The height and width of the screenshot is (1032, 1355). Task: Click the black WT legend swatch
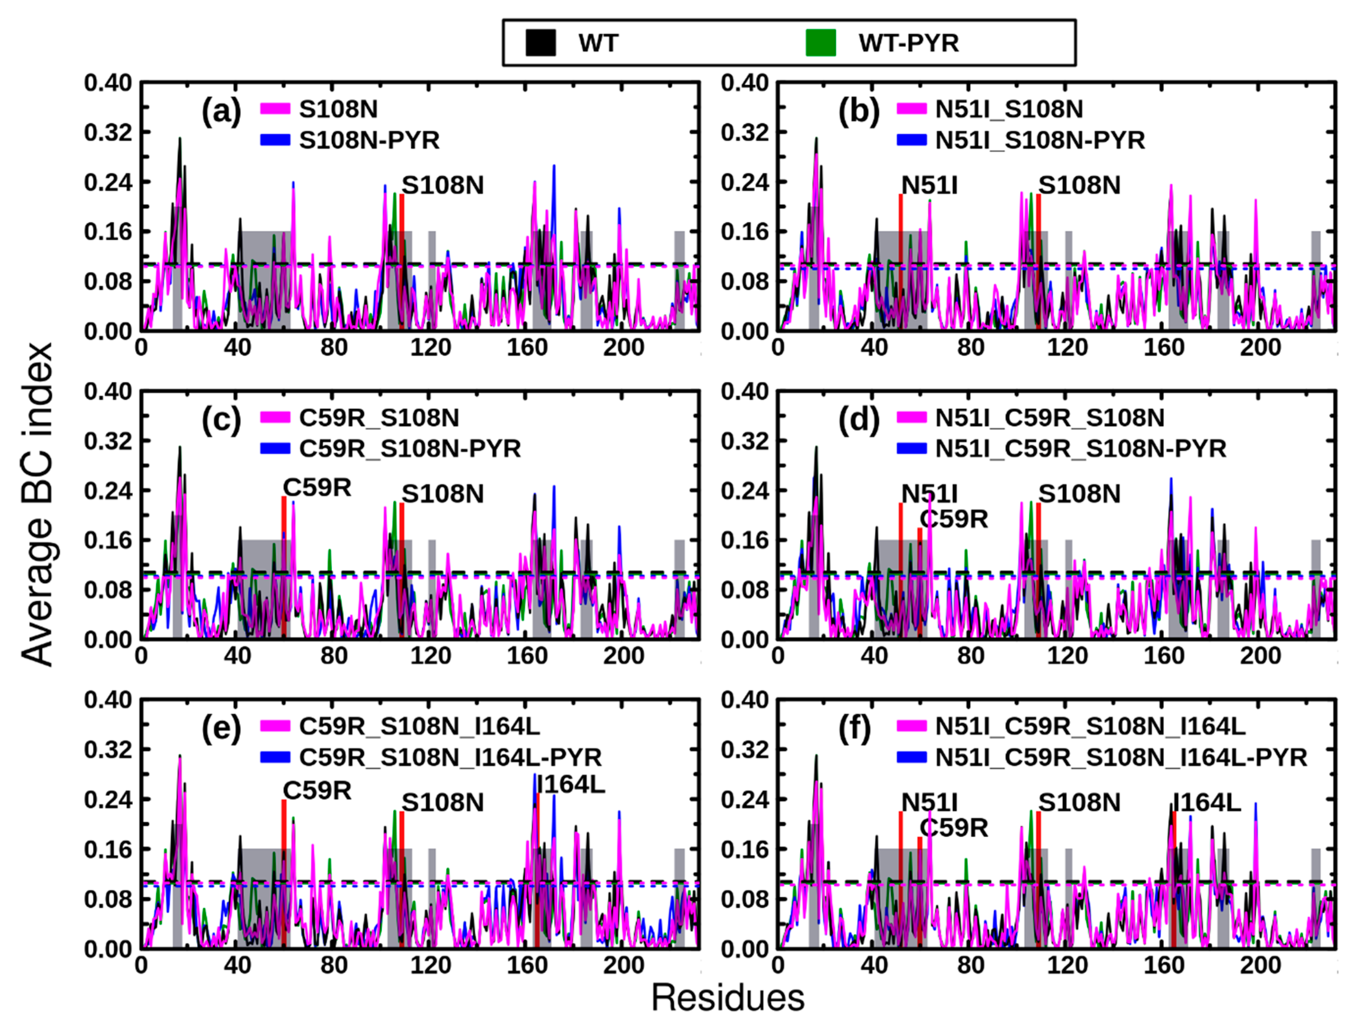(541, 43)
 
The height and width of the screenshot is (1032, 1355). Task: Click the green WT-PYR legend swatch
(821, 43)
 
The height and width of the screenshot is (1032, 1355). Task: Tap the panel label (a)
(221, 112)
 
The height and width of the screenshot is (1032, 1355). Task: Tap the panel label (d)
(858, 420)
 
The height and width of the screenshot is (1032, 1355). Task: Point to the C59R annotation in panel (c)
(317, 488)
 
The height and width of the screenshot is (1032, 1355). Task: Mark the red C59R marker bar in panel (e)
(284, 872)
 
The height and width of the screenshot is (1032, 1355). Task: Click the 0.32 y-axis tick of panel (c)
(107, 441)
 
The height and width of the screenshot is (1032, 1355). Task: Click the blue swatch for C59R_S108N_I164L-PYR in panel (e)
(275, 757)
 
